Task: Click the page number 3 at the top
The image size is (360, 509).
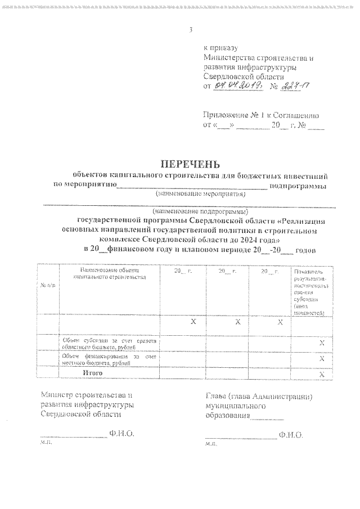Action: [191, 30]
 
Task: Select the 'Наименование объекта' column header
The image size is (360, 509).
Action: [109, 273]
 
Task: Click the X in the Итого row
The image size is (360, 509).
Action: [322, 373]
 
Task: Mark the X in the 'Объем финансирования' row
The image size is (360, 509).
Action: [322, 358]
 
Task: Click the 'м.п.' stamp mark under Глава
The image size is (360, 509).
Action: [212, 444]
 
